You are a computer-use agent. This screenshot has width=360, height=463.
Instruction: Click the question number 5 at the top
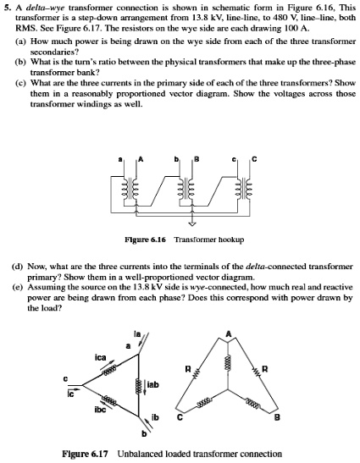pos(8,7)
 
